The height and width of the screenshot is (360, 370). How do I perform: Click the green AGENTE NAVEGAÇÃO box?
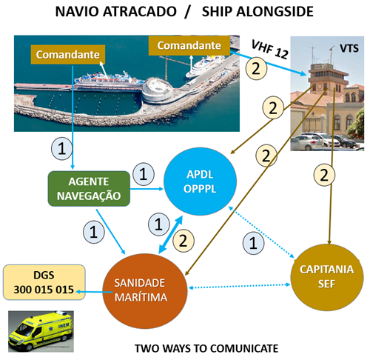tap(89, 189)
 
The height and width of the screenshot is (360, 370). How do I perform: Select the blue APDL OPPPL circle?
tap(200, 181)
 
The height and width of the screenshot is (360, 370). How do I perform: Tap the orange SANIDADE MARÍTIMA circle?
tap(145, 291)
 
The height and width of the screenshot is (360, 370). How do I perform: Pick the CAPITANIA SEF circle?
tap(327, 277)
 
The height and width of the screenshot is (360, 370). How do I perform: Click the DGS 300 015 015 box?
tap(44, 282)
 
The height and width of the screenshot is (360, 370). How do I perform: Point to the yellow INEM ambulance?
tap(41, 331)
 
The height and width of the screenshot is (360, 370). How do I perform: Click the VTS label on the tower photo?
tap(349, 48)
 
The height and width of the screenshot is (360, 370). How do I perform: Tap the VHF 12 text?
tap(269, 50)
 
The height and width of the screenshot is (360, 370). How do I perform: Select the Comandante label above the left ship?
tap(68, 55)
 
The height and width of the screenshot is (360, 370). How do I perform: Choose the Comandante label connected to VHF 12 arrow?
tap(189, 45)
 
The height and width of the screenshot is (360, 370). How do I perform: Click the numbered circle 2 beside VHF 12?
tap(256, 68)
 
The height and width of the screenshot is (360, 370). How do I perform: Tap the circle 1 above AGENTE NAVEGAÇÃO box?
tap(61, 148)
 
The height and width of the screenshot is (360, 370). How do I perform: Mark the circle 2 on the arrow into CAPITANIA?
tap(324, 176)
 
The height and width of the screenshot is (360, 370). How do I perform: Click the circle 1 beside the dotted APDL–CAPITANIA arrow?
tap(253, 243)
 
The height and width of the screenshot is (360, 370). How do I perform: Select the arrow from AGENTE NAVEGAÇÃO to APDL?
tap(147, 189)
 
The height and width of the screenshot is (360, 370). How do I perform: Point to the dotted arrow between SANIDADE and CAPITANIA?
tap(239, 286)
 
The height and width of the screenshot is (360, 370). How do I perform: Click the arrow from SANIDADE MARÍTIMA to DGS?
tap(94, 292)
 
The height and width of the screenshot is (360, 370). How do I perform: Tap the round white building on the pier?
tap(158, 90)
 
